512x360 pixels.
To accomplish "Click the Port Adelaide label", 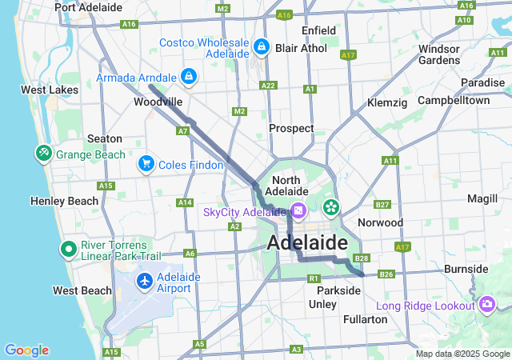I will coord(88,7).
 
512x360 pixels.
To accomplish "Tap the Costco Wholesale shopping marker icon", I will coord(261,47).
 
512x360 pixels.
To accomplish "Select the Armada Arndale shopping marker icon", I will coord(187,77).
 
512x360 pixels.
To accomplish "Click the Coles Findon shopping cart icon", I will coord(146,164).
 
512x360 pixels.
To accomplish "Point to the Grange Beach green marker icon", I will coord(42,153).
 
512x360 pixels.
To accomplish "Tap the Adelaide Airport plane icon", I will coord(145,282).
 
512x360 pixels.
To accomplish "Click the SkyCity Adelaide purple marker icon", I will coord(298,211).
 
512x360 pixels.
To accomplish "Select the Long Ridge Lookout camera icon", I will coord(487,305).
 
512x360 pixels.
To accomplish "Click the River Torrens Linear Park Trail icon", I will coord(68,250).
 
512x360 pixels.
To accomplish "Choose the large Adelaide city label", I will coord(307,242).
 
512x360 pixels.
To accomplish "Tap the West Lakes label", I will coord(50,90).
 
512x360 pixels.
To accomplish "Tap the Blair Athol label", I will coord(301,48).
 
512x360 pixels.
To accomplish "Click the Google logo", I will coord(26,350).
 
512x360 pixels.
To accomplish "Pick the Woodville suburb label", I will coord(158,102).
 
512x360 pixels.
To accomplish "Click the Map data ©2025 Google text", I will coord(462,354).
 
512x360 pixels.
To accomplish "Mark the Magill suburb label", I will coord(482,198).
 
